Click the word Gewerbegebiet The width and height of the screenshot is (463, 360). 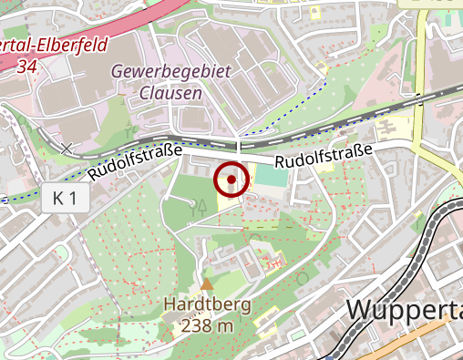tap(171, 71)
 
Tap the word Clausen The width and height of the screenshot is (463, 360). tap(171, 92)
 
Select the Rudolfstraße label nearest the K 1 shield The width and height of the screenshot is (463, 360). tap(136, 161)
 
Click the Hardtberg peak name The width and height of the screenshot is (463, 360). tap(207, 305)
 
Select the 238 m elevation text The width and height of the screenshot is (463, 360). tap(207, 325)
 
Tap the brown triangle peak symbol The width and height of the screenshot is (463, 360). tap(207, 284)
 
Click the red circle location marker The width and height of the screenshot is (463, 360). tap(231, 180)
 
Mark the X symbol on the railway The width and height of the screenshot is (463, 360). tap(67, 147)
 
